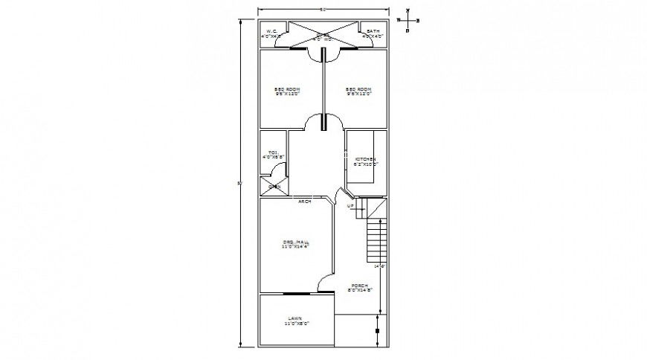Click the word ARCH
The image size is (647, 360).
pos(304,201)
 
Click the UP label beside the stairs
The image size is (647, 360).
pos(350,206)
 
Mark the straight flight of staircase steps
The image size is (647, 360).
pos(376,240)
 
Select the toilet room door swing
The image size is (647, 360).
pos(278,170)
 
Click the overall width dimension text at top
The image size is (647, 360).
pos(323,10)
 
